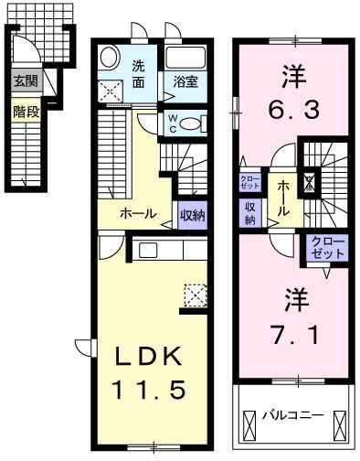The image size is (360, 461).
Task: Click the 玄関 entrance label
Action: (23, 81)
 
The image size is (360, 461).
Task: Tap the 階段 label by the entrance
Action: (23, 112)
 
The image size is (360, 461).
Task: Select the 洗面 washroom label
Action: (138, 73)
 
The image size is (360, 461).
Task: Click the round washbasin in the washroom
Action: (110, 58)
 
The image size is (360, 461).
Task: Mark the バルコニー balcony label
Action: (293, 415)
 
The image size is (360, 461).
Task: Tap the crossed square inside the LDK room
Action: (195, 294)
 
